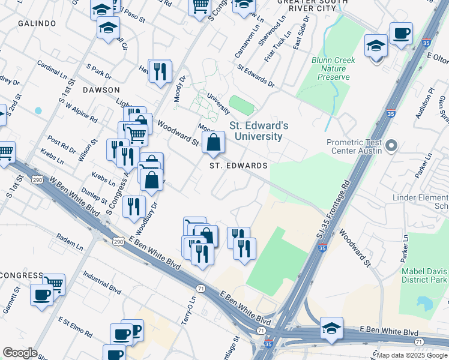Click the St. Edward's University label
[258, 131]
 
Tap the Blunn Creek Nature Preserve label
[333, 68]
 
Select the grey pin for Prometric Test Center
[392, 146]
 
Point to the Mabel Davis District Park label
[424, 275]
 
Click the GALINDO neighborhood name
[37, 23]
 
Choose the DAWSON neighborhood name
[101, 89]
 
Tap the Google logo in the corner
[20, 353]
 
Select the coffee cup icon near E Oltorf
[401, 34]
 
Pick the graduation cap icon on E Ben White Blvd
[331, 328]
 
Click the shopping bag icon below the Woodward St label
[213, 143]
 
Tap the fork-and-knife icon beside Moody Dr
[160, 71]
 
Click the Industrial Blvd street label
[102, 281]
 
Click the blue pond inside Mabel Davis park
[425, 303]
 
